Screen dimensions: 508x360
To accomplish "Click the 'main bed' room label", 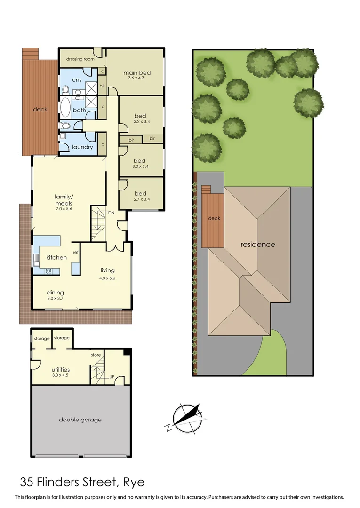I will coord(137,73).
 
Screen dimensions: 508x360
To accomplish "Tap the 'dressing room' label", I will coord(80,59).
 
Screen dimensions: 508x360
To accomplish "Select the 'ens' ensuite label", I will coord(77,80).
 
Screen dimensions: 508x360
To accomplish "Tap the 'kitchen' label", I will coord(56,257).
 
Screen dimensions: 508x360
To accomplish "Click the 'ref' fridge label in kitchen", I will coord(75,252).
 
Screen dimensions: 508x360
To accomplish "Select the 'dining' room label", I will coord(55,292).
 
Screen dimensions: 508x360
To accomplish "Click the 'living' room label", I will coord(107,270).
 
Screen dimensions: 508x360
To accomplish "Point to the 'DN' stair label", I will coord(112,213).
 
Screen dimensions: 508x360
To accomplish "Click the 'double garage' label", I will coord(80,420).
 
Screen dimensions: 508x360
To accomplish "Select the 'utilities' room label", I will coord(61,370).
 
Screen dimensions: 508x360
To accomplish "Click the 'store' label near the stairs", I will coord(96,355).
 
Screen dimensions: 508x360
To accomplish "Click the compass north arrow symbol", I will coord(186,417).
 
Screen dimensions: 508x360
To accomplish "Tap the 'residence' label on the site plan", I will coord(258,245).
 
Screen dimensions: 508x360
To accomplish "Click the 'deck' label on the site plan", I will coord(214,218).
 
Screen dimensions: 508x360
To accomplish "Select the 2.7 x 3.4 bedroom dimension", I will coord(140,200).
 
